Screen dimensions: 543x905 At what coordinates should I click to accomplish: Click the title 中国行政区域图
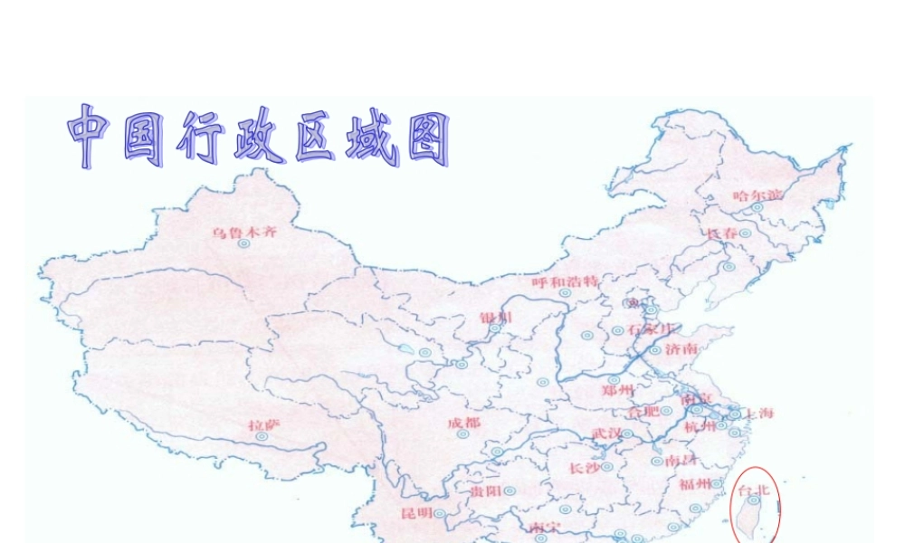(259, 137)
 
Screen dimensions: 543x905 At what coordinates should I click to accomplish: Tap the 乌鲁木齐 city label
(244, 232)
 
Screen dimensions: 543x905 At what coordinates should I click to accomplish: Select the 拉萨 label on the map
(264, 423)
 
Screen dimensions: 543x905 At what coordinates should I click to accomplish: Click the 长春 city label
(722, 233)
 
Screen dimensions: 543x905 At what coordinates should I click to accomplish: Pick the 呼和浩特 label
(566, 281)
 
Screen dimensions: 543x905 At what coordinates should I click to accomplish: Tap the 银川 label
(496, 317)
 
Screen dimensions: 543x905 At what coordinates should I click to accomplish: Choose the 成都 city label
(464, 423)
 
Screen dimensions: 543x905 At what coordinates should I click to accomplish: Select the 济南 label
(681, 348)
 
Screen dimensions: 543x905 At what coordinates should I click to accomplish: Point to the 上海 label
(757, 414)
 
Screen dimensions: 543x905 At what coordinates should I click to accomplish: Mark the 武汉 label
(607, 434)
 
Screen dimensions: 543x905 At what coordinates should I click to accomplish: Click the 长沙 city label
(584, 468)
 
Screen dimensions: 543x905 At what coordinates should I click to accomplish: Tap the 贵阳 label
(486, 491)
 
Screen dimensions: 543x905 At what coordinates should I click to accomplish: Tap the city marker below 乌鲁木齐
(243, 243)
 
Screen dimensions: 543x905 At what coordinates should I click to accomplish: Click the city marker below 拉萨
(262, 435)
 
